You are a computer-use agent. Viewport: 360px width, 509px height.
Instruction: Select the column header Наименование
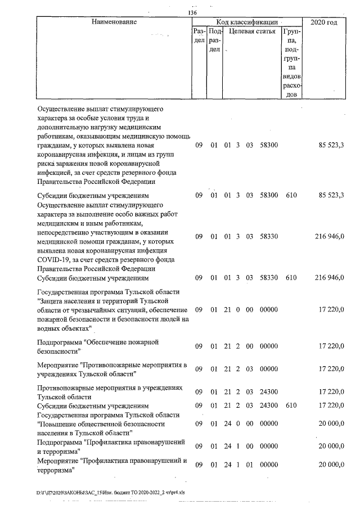[114, 22]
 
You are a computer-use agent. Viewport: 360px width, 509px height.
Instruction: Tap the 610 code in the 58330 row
[290, 278]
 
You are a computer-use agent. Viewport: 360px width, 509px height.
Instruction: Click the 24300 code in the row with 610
[269, 405]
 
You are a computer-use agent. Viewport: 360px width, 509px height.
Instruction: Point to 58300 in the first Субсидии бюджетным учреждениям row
[269, 195]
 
